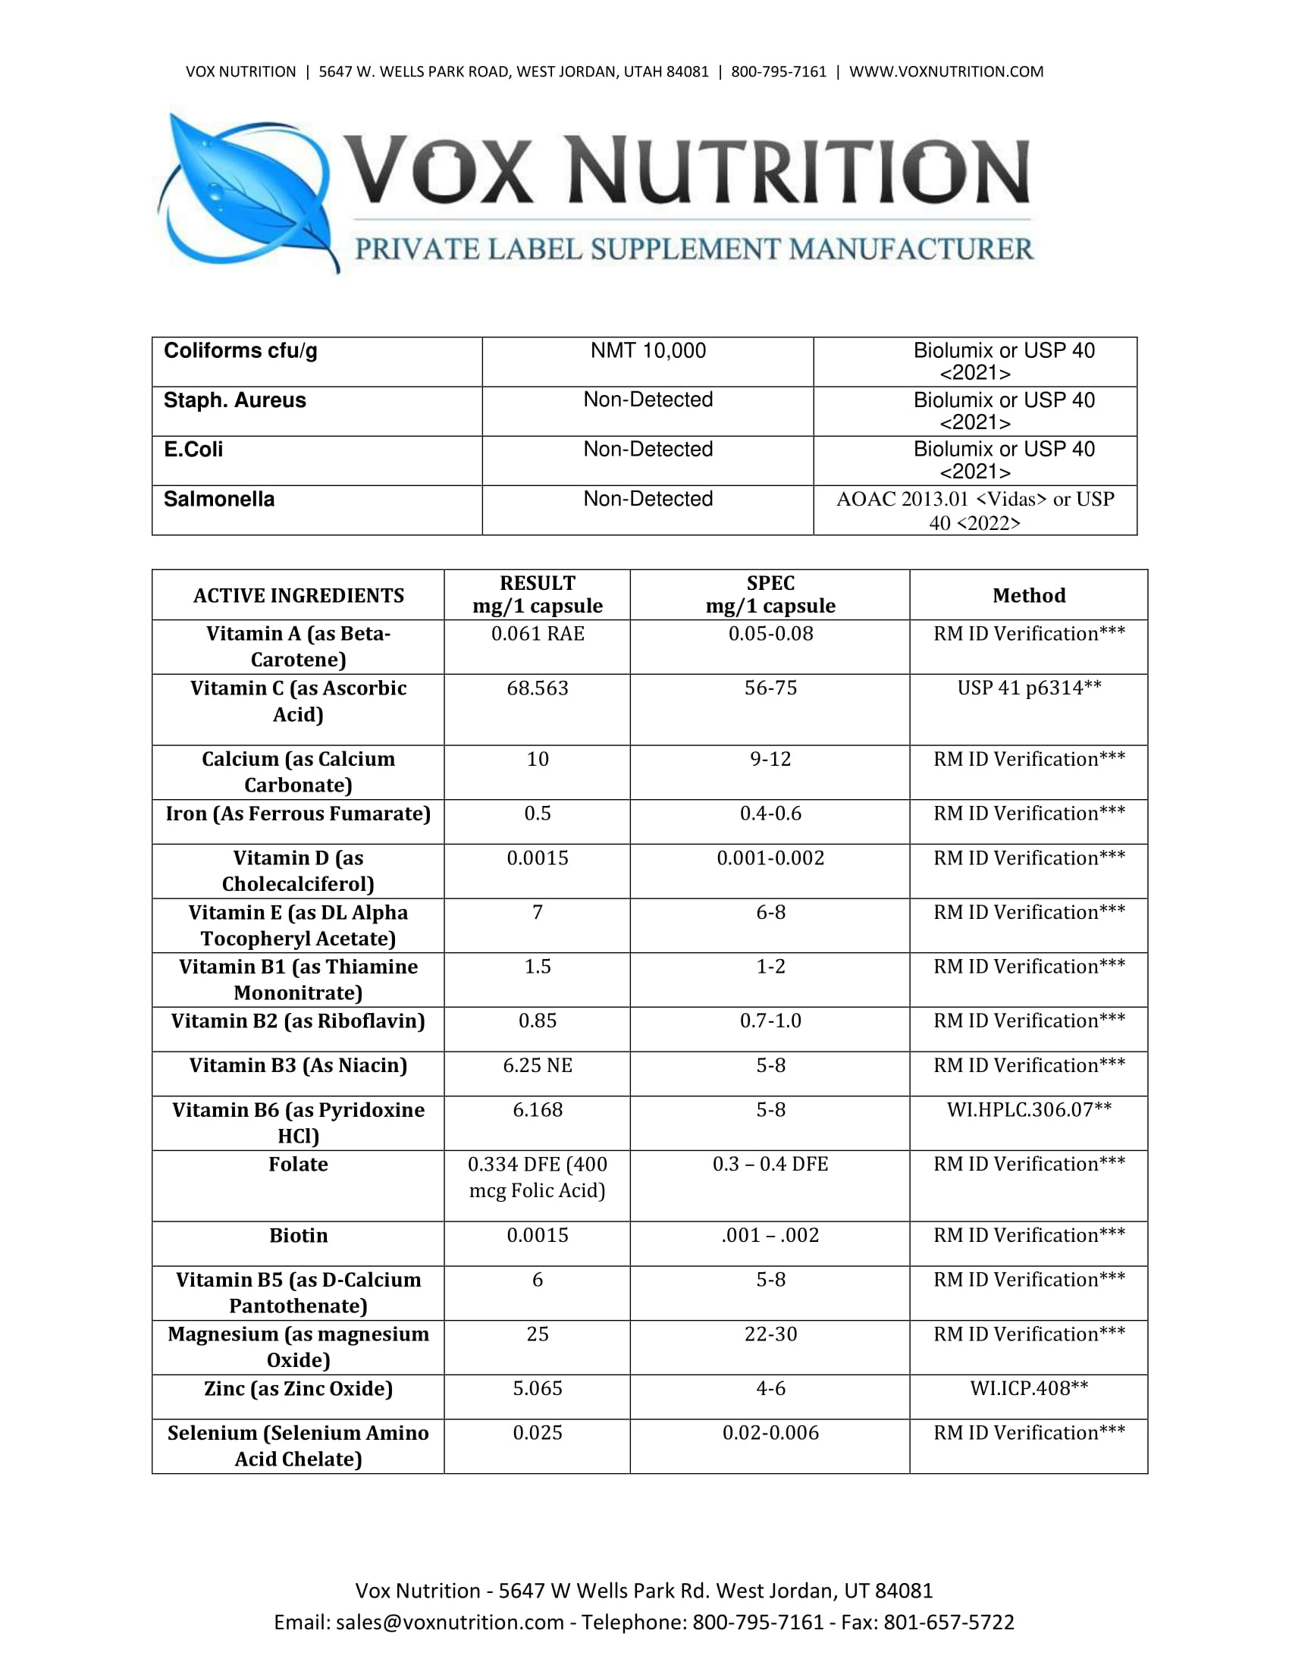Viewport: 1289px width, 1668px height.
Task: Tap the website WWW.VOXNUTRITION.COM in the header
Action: click(946, 72)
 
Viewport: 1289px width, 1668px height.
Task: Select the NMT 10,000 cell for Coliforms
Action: click(648, 351)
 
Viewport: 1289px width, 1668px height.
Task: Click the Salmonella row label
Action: click(219, 500)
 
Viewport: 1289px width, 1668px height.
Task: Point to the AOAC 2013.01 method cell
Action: click(975, 510)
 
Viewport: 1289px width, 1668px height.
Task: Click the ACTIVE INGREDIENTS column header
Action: click(298, 596)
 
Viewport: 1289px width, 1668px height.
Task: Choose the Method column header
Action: click(1029, 596)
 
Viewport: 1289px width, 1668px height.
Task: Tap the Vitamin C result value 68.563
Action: click(538, 688)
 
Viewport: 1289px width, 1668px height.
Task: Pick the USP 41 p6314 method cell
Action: click(1029, 688)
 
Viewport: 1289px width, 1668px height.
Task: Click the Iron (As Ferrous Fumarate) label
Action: click(298, 814)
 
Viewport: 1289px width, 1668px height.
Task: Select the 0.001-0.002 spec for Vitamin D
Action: click(770, 858)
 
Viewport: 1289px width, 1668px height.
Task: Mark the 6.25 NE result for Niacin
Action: click(538, 1065)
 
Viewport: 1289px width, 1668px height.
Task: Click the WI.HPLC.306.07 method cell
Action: click(1029, 1110)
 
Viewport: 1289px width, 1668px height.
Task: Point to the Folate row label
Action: click(298, 1164)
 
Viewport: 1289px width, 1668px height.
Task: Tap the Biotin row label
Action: click(298, 1235)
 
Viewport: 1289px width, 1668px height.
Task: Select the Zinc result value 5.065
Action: click(538, 1388)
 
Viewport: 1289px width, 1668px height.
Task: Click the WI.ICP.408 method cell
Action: click(1029, 1388)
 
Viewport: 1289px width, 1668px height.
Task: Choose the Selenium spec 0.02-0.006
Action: click(770, 1433)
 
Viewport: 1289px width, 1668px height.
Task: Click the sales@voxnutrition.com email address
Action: click(449, 1623)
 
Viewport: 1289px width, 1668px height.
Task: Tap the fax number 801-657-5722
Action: click(949, 1623)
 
